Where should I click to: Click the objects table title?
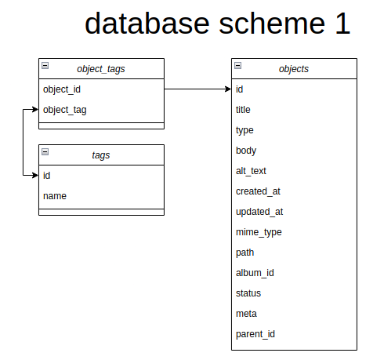pyautogui.click(x=294, y=69)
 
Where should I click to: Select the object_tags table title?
pyautogui.click(x=101, y=69)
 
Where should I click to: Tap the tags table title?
pyautogui.click(x=101, y=155)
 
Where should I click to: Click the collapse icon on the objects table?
pyautogui.click(x=237, y=65)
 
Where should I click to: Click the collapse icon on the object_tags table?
pyautogui.click(x=45, y=65)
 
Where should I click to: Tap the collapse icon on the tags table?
pyautogui.click(x=45, y=151)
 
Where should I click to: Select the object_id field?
pyautogui.click(x=62, y=89)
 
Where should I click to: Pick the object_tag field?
pyautogui.click(x=65, y=110)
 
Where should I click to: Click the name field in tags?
pyautogui.click(x=55, y=196)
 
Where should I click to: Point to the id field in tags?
pyautogui.click(x=46, y=176)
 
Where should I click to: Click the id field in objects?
pyautogui.click(x=239, y=89)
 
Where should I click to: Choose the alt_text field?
pyautogui.click(x=251, y=171)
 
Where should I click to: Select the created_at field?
pyautogui.click(x=258, y=191)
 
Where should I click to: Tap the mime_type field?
pyautogui.click(x=259, y=232)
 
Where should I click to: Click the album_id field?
pyautogui.click(x=255, y=273)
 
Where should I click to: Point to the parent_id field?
pyautogui.click(x=255, y=334)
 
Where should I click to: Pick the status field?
pyautogui.click(x=248, y=293)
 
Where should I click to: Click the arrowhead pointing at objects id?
pyautogui.click(x=228, y=89)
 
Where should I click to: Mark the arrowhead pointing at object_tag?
pyautogui.click(x=35, y=109)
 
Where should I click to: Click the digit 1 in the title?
pyautogui.click(x=342, y=24)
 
